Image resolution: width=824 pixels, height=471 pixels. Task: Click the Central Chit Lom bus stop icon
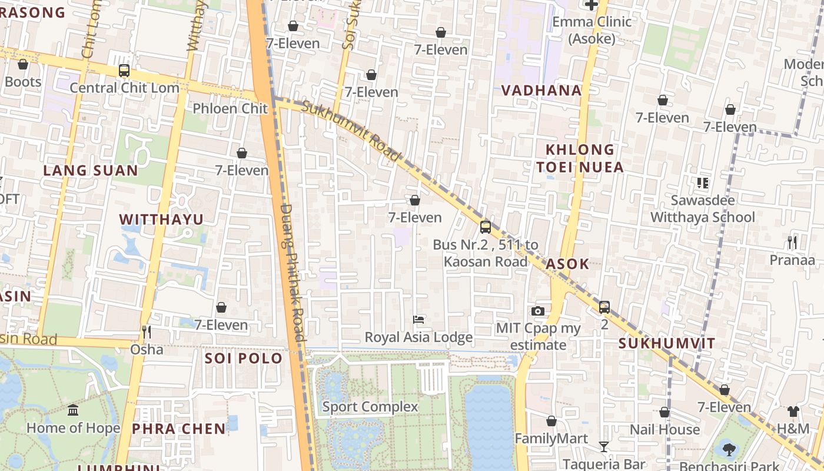(x=124, y=71)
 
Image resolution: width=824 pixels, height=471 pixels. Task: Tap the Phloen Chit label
(x=230, y=108)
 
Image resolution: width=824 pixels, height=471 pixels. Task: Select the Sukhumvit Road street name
(x=351, y=131)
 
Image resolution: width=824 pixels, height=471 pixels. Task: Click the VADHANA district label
(x=541, y=90)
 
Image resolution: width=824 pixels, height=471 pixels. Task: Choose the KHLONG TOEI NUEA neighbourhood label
(x=580, y=158)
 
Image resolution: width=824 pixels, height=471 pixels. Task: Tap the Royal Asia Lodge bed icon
(x=418, y=320)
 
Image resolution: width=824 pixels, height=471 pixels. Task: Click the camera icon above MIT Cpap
(x=537, y=311)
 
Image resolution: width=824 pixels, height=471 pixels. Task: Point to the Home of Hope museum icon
(x=73, y=410)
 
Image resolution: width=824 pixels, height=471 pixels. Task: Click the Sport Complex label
(x=370, y=407)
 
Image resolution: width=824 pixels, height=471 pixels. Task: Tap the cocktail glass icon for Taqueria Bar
(x=603, y=446)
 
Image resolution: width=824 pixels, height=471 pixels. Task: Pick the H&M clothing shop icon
(x=793, y=412)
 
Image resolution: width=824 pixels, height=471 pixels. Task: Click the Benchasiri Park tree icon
(x=729, y=450)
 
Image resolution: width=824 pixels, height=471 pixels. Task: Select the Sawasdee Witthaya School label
(x=702, y=208)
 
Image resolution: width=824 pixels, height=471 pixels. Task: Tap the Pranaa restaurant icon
(x=792, y=242)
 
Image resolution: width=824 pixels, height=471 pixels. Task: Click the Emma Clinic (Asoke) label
(x=592, y=30)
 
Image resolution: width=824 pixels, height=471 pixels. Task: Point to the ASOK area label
(x=567, y=264)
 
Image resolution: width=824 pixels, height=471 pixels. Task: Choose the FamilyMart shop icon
(x=551, y=421)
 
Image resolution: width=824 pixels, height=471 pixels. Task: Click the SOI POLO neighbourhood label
(x=244, y=359)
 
